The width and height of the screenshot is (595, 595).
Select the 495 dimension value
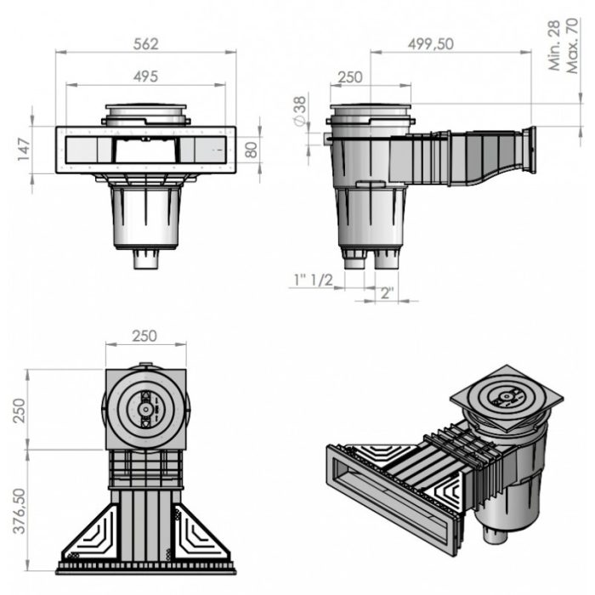point(145,76)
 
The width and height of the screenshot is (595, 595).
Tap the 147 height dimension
point(24,150)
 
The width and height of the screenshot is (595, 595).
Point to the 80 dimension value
point(251,150)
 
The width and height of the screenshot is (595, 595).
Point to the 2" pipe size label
point(386,294)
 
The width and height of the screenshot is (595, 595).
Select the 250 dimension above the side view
point(349,77)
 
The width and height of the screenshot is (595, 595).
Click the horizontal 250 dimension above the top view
point(145,336)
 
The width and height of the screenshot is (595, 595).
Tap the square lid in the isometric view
point(506,396)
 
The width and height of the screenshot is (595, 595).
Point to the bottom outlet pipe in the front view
point(145,258)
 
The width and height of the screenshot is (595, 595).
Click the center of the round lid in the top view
point(145,409)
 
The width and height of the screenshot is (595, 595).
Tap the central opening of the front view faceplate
point(145,151)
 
